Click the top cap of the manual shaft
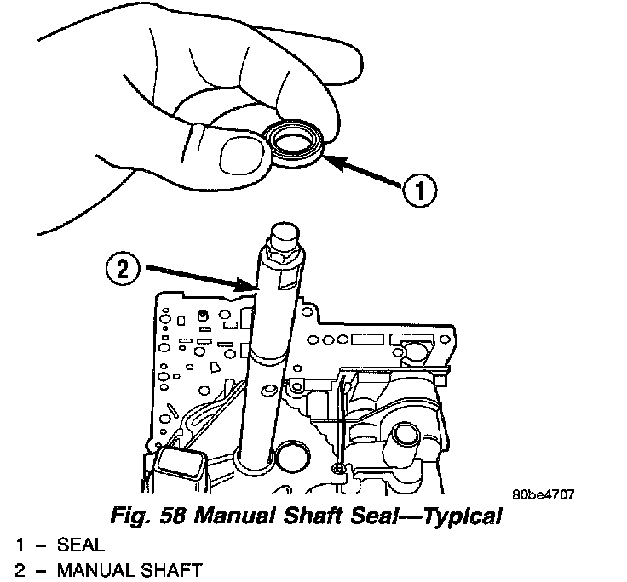pyautogui.click(x=283, y=234)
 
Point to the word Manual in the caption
pyautogui.click(x=219, y=516)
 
